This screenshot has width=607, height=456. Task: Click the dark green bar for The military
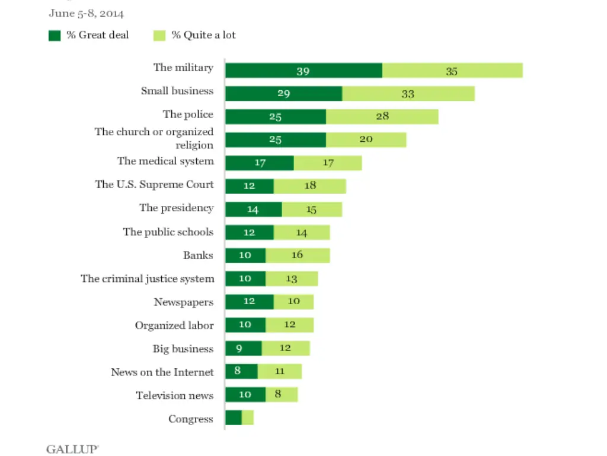(x=303, y=71)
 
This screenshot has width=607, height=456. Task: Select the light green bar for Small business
(x=408, y=94)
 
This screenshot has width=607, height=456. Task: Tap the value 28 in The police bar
(x=382, y=116)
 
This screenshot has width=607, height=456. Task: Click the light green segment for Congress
(x=248, y=418)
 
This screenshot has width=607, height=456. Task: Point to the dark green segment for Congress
(x=234, y=418)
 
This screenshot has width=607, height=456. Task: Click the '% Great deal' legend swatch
(x=55, y=36)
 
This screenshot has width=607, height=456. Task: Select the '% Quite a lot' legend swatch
(x=159, y=36)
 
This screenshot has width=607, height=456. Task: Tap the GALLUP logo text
(x=72, y=449)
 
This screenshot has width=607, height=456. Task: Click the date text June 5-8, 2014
(x=86, y=13)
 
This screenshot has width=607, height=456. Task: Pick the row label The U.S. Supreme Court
(x=154, y=185)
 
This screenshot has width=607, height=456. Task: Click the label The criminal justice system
(x=148, y=278)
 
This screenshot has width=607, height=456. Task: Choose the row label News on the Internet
(x=162, y=372)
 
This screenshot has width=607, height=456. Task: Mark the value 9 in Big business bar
(x=239, y=349)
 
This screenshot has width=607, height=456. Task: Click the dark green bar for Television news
(x=245, y=395)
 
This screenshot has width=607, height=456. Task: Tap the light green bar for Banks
(x=298, y=255)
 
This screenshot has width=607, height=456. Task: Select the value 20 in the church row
(x=366, y=140)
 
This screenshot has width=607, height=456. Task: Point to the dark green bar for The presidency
(x=254, y=209)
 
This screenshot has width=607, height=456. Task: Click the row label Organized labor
(x=174, y=325)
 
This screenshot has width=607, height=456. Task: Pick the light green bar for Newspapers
(x=293, y=302)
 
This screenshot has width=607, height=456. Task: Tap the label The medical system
(x=165, y=161)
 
